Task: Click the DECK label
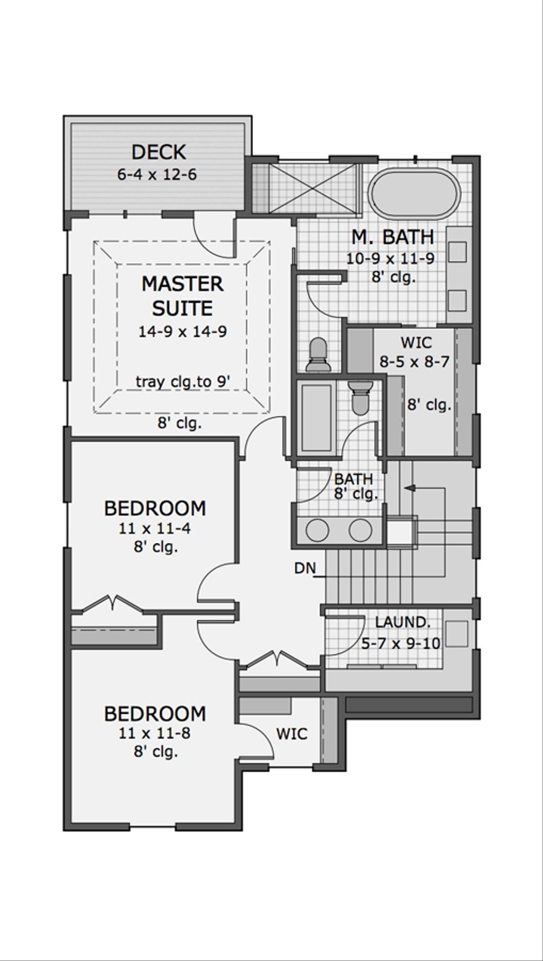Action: tap(159, 152)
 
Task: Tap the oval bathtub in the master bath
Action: tap(415, 194)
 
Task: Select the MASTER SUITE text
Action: tap(182, 296)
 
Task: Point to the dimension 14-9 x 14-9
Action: tap(182, 332)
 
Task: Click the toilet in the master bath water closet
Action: tap(318, 354)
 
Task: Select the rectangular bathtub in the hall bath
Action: tap(316, 417)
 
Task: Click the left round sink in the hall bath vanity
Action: tap(318, 530)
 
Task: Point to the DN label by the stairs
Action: tap(305, 568)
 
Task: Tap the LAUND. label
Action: tap(402, 622)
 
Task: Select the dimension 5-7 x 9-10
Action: tap(400, 644)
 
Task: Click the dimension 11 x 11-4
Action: tap(155, 529)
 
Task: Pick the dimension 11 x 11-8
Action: tap(155, 734)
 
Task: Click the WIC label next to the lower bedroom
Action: tap(292, 734)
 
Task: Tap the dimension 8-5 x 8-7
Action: tap(414, 362)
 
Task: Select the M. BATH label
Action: tap(393, 237)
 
